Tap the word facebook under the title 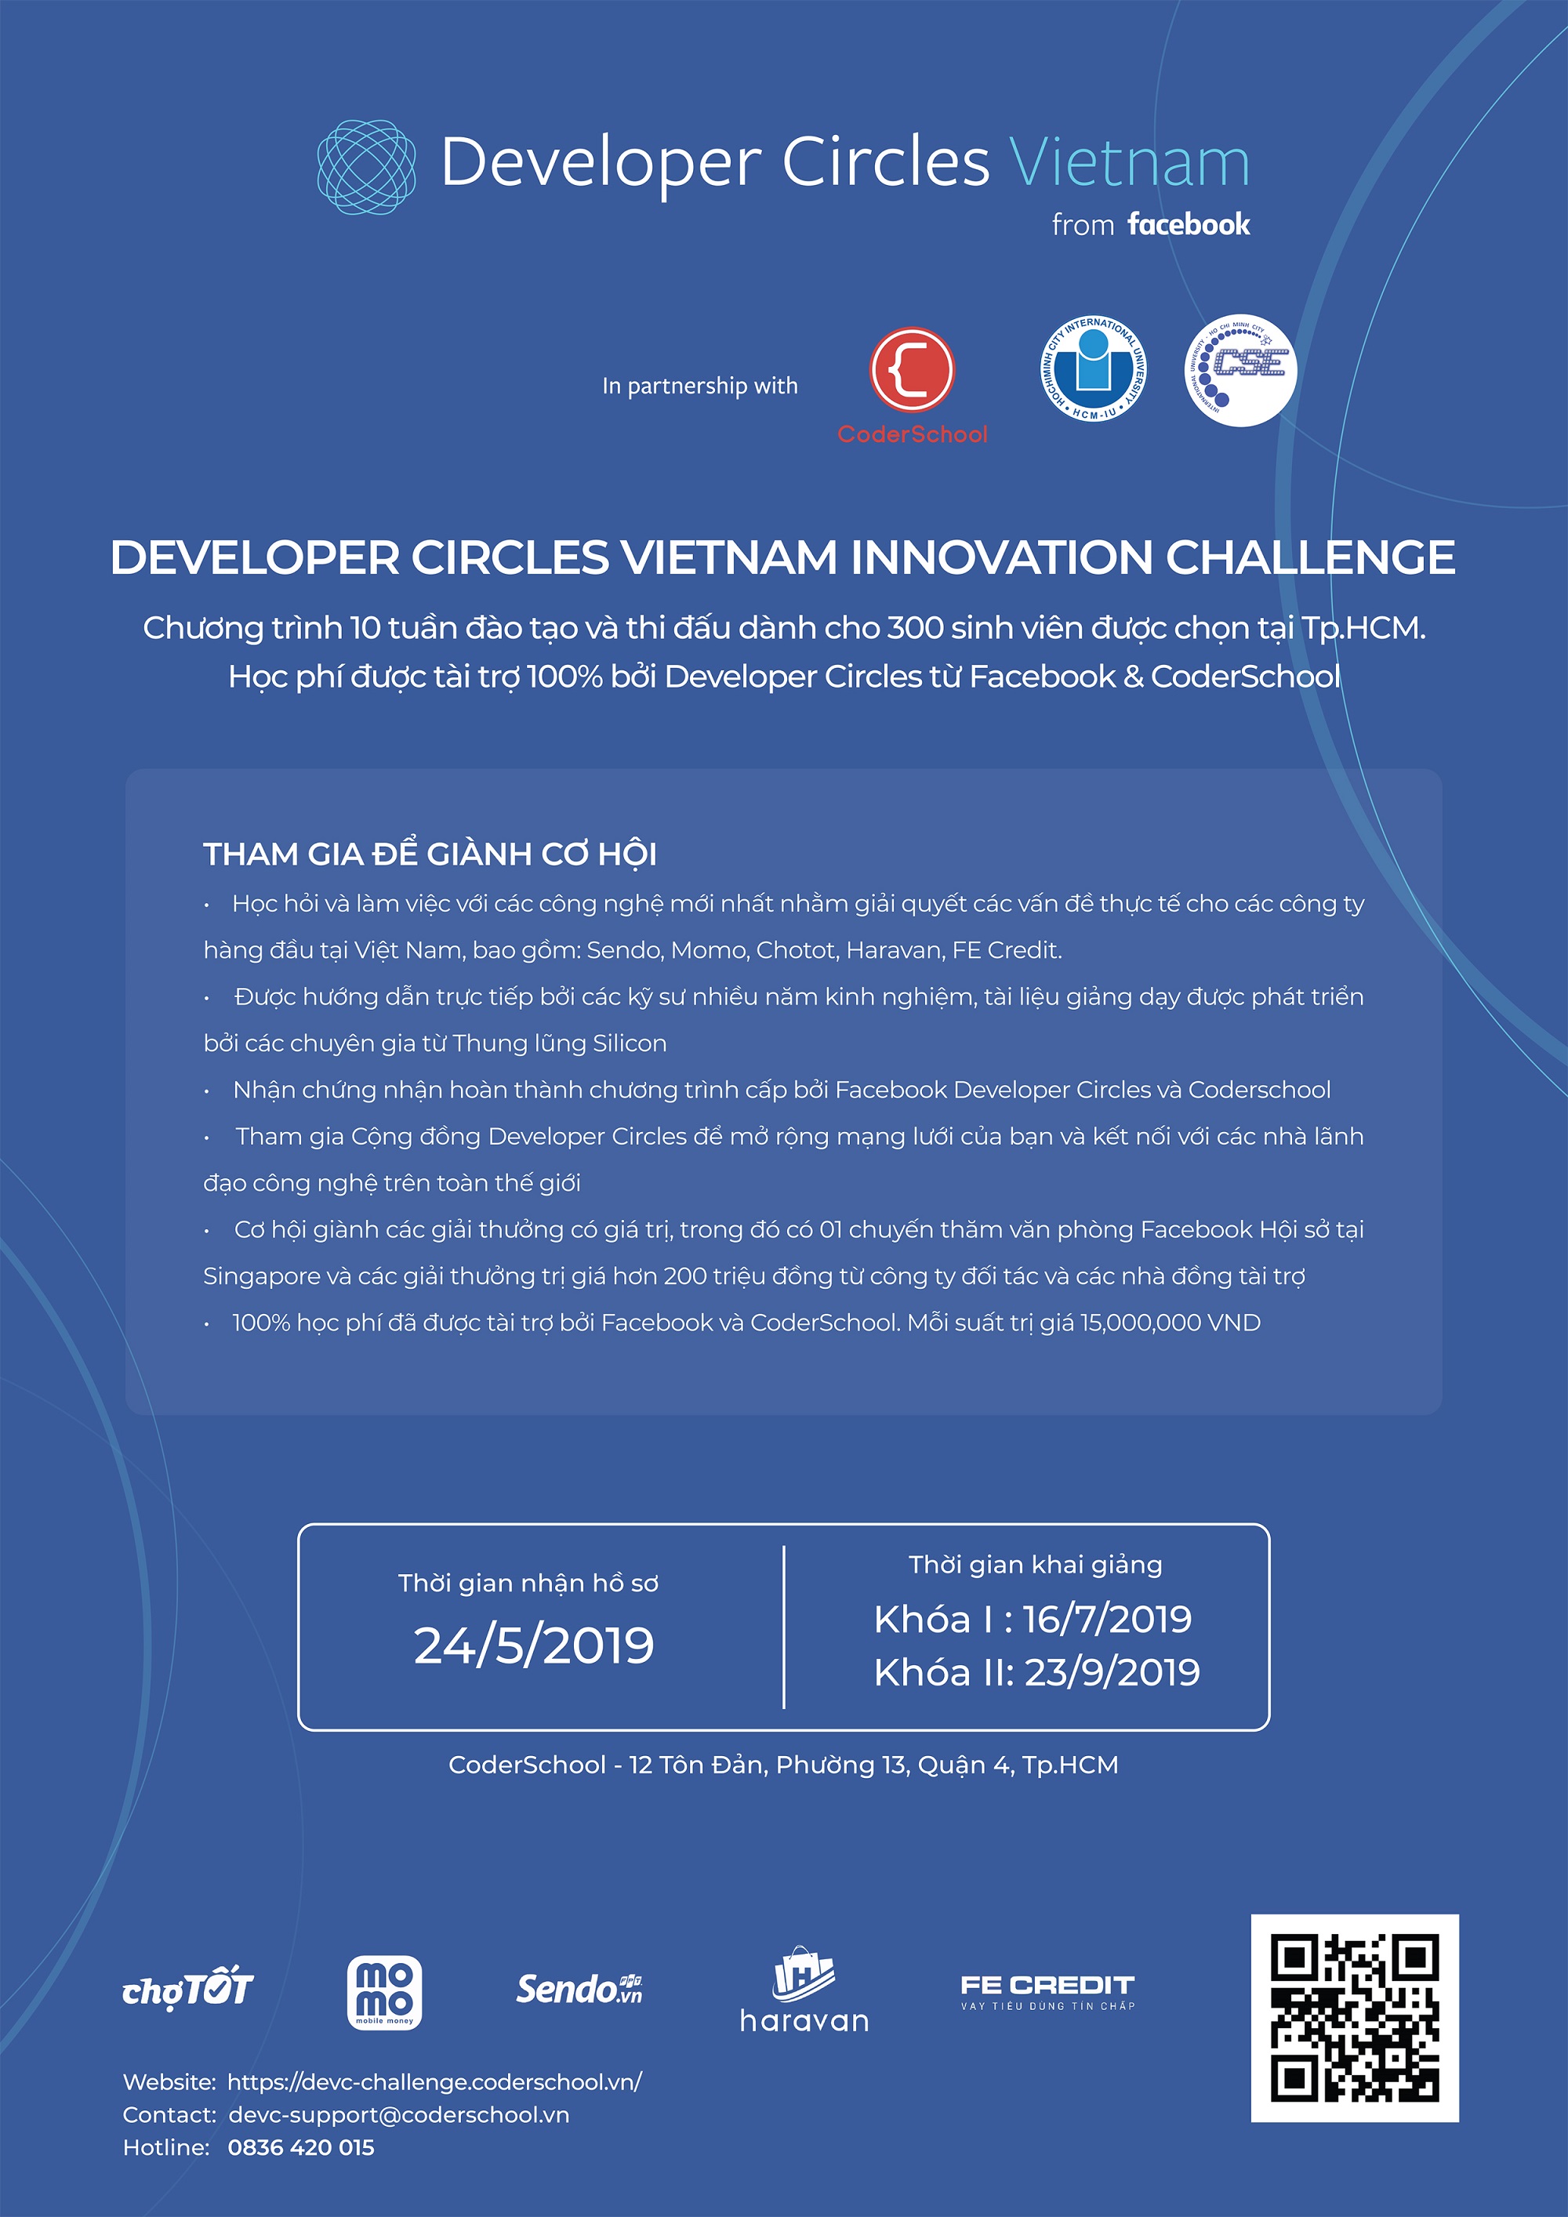coord(1188,224)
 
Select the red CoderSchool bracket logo coord(912,371)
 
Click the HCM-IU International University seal coord(1093,369)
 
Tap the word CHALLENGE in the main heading coord(1310,557)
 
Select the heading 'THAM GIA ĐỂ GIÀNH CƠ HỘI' coord(430,854)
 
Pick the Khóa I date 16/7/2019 coord(1108,1620)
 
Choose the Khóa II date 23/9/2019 coord(1112,1672)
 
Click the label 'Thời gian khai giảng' coord(1035,1566)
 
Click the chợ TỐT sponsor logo coord(187,1988)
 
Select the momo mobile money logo coord(384,1993)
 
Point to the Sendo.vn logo coord(579,1989)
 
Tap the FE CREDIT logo coord(1047,1992)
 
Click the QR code coord(1355,2017)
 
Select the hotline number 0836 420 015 coord(301,2146)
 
